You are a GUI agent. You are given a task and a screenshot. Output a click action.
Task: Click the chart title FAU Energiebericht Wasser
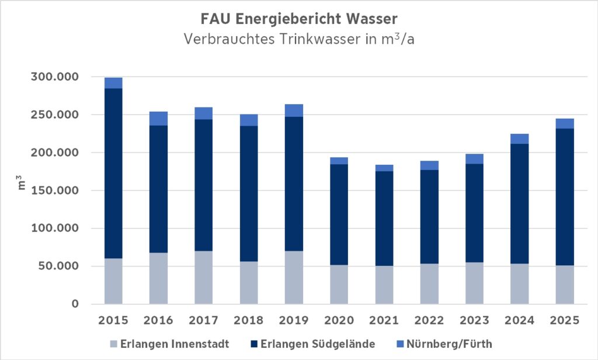tap(299, 19)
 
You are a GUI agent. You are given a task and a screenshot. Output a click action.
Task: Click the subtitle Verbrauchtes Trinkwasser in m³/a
tap(299, 40)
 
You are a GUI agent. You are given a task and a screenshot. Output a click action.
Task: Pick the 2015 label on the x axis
tap(113, 320)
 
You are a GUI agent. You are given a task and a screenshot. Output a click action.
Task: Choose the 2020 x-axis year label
tap(339, 320)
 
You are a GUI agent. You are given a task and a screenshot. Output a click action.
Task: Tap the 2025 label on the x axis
tap(564, 320)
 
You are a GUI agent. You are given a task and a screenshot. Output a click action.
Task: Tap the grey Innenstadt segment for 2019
tap(294, 278)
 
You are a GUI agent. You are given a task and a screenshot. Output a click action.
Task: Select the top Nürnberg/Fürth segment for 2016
tap(158, 119)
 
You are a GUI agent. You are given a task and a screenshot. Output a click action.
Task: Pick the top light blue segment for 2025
tap(564, 123)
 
